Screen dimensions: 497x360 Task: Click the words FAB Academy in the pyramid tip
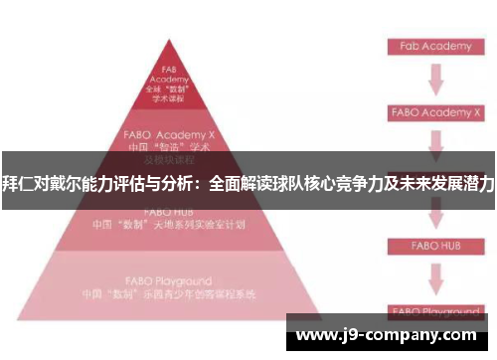(x=169, y=75)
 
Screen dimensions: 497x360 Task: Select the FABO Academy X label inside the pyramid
(x=169, y=131)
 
